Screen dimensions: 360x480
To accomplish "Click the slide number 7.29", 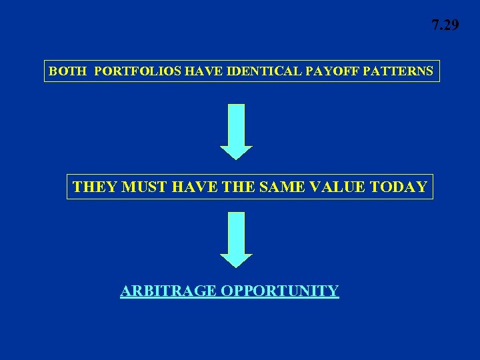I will click(x=445, y=25).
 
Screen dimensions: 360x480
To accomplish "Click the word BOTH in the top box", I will click(x=67, y=71).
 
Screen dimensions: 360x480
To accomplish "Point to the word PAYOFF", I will click(x=326, y=71).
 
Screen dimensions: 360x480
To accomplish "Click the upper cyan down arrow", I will click(x=236, y=131).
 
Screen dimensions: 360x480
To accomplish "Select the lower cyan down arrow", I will click(x=236, y=239).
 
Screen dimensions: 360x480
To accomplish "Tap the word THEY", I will click(x=94, y=187).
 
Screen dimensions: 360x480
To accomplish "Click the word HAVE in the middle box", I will click(x=193, y=187).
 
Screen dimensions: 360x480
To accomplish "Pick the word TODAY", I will click(x=398, y=187).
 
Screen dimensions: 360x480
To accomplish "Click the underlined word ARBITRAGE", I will click(x=169, y=291).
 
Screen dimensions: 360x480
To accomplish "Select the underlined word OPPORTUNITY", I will click(x=280, y=291).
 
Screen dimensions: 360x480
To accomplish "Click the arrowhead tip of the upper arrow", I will click(x=236, y=158).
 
